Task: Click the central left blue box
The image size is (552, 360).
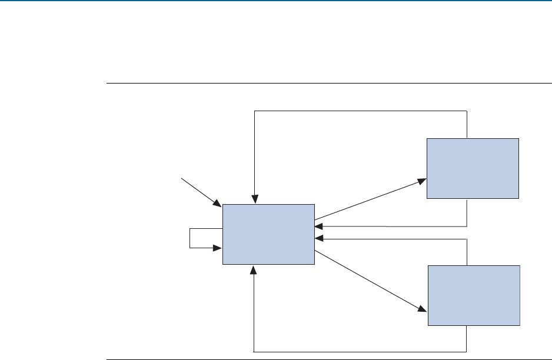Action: point(268,234)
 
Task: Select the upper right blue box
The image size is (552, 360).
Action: point(473,168)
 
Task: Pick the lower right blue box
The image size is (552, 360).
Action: point(474,295)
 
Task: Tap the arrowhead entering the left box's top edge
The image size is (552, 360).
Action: point(254,200)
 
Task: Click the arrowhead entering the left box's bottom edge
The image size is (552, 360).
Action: point(254,269)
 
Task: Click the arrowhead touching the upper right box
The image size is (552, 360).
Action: point(423,179)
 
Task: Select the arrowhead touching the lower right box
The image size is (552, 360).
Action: point(422,309)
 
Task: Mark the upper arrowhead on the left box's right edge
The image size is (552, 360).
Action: point(319,226)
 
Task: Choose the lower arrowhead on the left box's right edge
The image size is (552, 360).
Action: point(319,239)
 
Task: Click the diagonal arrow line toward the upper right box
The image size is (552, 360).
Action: point(370,200)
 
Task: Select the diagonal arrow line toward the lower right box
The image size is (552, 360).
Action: point(370,281)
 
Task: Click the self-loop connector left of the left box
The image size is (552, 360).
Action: point(190,238)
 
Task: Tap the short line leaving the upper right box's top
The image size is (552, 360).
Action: point(467,124)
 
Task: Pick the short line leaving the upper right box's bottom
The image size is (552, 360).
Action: point(467,212)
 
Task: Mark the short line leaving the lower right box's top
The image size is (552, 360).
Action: point(467,252)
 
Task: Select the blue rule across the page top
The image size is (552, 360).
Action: point(276,1)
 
